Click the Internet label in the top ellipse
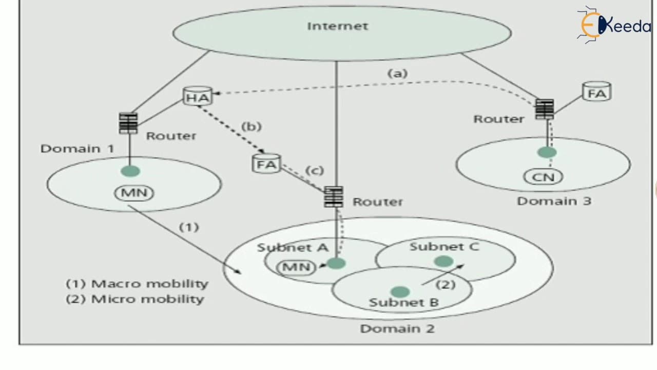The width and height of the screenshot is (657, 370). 337,26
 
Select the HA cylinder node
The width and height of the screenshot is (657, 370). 198,96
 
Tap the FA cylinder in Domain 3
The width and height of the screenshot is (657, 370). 596,91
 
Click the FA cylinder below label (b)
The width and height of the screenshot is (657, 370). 266,163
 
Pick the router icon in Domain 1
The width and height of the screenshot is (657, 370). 128,123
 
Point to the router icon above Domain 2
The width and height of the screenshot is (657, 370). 334,197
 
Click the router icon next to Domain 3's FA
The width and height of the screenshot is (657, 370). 545,109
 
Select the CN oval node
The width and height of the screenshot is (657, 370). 543,177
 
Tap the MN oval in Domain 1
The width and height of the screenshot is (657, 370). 134,193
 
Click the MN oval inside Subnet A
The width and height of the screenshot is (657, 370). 296,267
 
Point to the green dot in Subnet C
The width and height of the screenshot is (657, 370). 444,261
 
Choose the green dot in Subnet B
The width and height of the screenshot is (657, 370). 400,292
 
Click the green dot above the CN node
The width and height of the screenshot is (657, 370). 547,152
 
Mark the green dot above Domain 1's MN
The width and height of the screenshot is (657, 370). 130,171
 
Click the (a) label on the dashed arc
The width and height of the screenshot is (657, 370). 397,73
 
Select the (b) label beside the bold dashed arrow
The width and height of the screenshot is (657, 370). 252,126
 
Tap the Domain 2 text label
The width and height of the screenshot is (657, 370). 397,328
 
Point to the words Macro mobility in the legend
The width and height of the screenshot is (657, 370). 149,284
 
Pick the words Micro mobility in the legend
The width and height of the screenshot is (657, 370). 147,299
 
